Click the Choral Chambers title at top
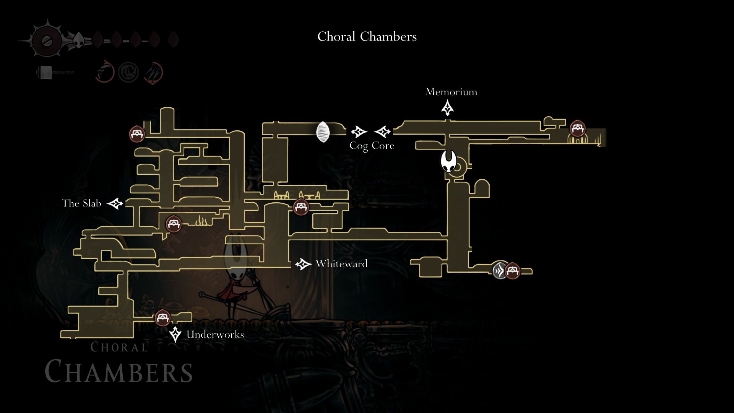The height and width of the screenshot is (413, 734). click(x=367, y=37)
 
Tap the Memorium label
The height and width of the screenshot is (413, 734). click(x=451, y=92)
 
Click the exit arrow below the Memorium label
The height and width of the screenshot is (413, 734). click(x=447, y=108)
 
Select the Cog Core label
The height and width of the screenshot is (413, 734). click(x=372, y=146)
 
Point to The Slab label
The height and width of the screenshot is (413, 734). click(x=81, y=203)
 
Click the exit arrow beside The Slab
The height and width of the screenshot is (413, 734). click(x=115, y=203)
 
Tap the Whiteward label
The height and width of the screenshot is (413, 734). click(x=341, y=264)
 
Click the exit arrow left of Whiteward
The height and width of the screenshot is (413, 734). click(x=304, y=264)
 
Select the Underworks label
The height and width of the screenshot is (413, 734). click(x=215, y=335)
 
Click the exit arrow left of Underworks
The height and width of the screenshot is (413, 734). click(x=175, y=335)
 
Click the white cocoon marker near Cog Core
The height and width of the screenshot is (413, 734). click(x=323, y=132)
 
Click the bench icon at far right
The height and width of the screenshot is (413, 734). click(x=576, y=128)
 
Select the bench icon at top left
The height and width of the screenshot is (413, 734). click(x=137, y=134)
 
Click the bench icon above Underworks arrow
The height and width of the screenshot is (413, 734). click(x=162, y=318)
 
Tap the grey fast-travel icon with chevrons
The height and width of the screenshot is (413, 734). click(x=499, y=271)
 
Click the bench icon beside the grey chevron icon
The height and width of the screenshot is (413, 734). click(x=512, y=271)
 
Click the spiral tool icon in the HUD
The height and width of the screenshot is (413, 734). click(x=128, y=72)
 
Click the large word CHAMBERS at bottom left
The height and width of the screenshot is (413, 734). click(x=119, y=371)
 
